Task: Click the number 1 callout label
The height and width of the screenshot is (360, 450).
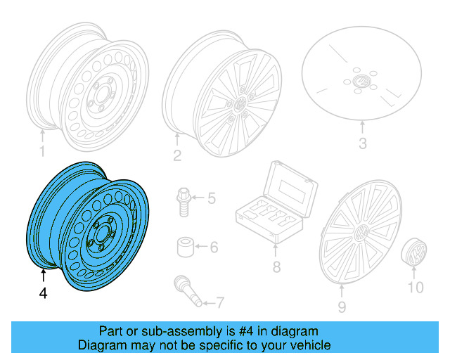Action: pos(41,151)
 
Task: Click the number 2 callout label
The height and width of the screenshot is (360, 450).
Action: pos(177,155)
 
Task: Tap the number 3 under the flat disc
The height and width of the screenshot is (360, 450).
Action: pos(363,145)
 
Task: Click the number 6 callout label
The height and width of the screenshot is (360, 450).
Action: pos(214,247)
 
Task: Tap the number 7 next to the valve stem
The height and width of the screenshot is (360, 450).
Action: pos(219,303)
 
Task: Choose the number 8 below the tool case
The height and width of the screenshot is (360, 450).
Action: pos(276,266)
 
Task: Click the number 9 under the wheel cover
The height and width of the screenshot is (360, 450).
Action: pos(342,306)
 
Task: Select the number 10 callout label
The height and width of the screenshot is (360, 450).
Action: pos(416,287)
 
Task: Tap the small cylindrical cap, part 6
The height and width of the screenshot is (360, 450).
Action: pos(186,247)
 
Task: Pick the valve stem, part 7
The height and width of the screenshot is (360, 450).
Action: pos(188,292)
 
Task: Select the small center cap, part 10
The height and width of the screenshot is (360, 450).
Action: pos(415,252)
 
